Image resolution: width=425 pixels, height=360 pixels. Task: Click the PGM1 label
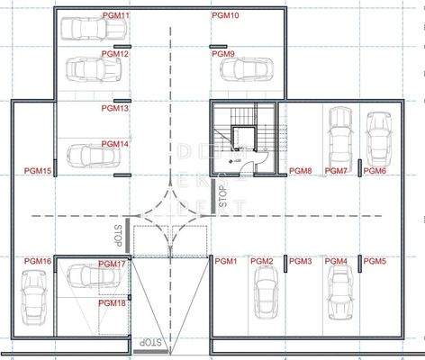click(224, 262)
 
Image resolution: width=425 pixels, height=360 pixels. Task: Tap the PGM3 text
click(300, 262)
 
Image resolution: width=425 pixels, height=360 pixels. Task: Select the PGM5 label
click(375, 262)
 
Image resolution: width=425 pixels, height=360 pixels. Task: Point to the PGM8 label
click(300, 171)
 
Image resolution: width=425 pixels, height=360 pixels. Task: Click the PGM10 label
click(225, 16)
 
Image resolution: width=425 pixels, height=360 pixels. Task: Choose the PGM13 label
click(115, 109)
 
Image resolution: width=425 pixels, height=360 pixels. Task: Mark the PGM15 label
click(38, 171)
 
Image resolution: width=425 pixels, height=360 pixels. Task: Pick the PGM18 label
click(112, 303)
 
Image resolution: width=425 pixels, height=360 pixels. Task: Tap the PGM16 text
click(38, 262)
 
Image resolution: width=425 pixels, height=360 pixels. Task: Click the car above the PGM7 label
click(340, 134)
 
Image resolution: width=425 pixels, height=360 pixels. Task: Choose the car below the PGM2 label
click(264, 298)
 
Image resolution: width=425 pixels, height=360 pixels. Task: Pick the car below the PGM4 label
click(339, 292)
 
